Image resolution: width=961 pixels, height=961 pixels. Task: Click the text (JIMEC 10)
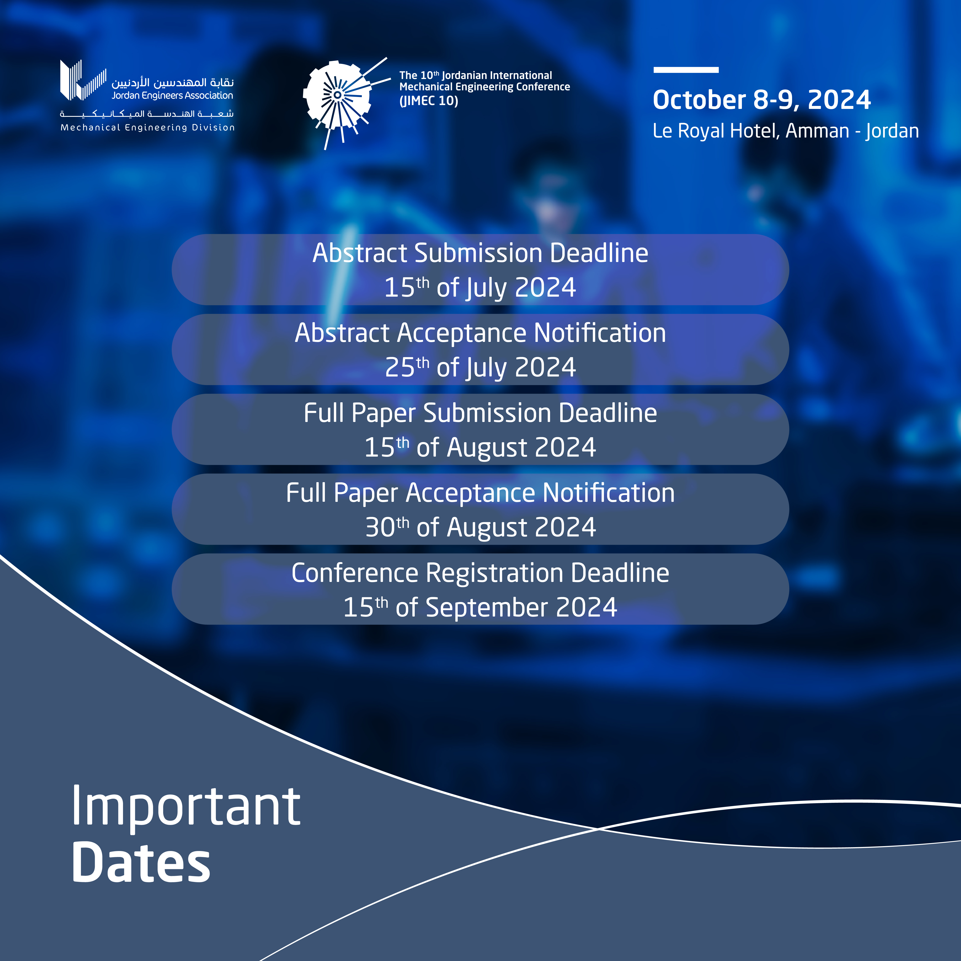click(429, 101)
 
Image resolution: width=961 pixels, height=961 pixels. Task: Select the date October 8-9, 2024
click(762, 100)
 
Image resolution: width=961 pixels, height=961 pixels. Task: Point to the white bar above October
click(686, 70)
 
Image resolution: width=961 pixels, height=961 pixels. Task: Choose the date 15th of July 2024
click(480, 287)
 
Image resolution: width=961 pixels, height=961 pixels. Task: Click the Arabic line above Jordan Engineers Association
click(173, 82)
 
